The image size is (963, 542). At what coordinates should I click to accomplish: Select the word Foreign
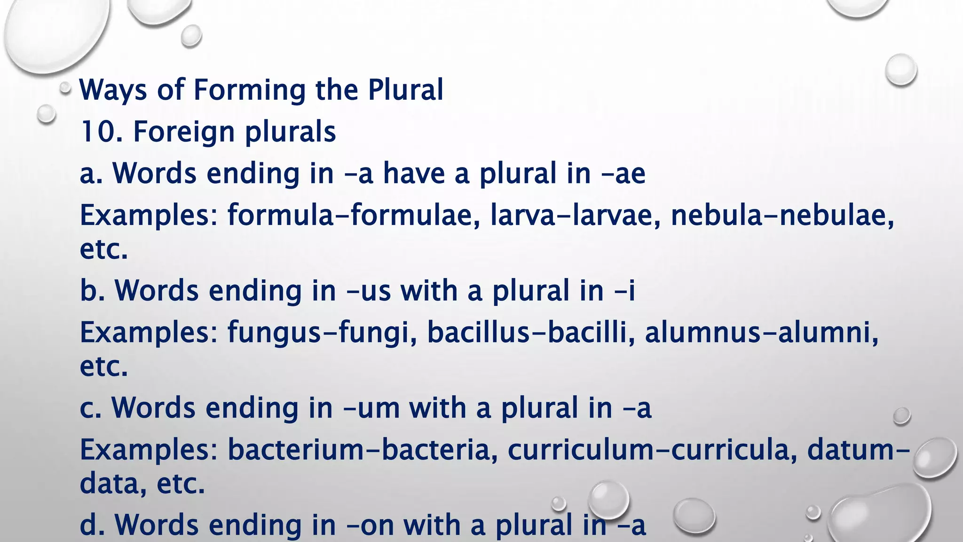183,132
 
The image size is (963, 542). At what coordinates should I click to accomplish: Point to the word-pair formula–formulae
350,215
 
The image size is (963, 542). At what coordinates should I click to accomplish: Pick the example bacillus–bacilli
527,333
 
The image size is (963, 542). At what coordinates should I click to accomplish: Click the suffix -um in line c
372,408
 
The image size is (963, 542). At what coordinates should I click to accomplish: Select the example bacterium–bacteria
363,450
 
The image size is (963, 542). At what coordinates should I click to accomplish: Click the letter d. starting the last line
91,525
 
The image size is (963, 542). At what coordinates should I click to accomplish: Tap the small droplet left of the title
65,88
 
